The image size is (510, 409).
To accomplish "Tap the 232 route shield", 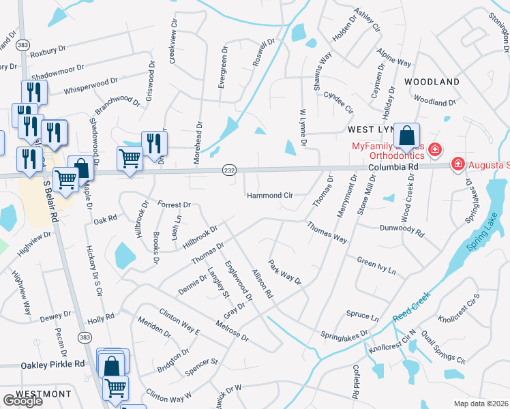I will [x=228, y=170].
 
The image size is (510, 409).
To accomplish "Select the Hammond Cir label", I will [x=270, y=196].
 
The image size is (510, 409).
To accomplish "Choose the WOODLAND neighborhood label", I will [x=432, y=82].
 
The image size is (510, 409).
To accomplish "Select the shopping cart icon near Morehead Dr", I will [x=130, y=160].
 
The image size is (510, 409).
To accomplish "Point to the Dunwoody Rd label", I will [x=402, y=230].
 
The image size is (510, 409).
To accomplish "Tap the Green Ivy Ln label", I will [x=376, y=265].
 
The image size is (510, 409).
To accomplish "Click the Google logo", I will [x=23, y=401].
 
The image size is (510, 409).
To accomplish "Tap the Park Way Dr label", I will [x=284, y=273].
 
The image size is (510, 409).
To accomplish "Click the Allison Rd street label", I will [x=262, y=284].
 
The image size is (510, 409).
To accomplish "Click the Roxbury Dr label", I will [x=47, y=49].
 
